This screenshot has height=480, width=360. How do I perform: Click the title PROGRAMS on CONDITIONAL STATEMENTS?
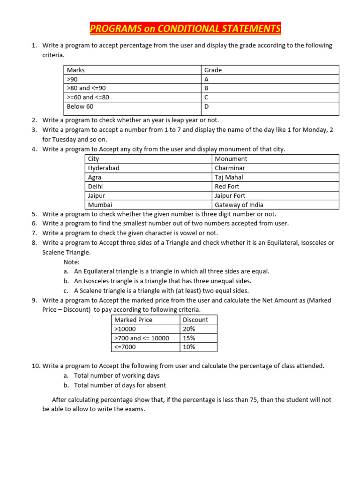click(185, 29)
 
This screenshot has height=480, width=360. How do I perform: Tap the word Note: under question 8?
click(72, 262)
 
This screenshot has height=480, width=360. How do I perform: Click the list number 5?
click(34, 214)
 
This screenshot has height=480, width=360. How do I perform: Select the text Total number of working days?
click(117, 375)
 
